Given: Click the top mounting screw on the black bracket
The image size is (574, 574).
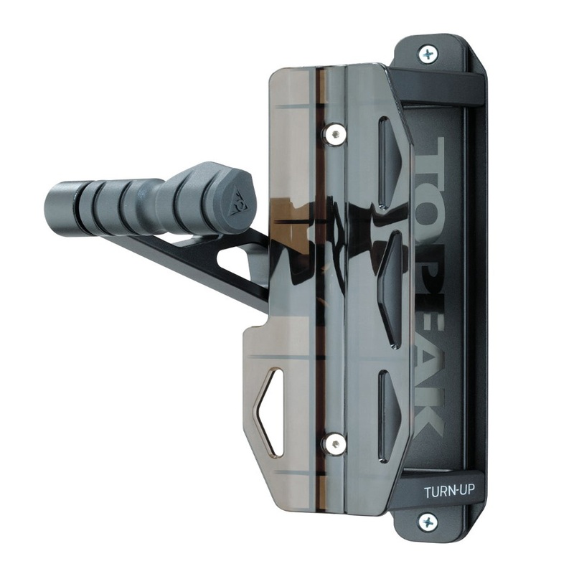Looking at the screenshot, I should click(428, 53).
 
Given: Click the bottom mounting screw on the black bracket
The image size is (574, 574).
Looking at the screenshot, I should click(428, 522).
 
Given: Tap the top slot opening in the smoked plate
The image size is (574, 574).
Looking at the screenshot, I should click(386, 161).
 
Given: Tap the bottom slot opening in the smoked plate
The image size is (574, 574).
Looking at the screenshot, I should click(386, 415).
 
